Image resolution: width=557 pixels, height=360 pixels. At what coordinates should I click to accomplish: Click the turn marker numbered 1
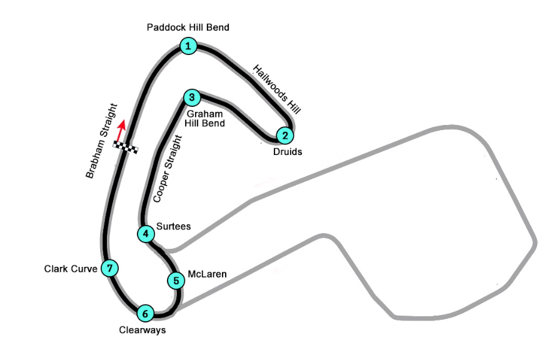click(188, 46)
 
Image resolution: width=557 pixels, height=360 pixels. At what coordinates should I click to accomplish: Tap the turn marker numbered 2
click(285, 135)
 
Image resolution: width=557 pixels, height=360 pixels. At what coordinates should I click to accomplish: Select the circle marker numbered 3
click(192, 97)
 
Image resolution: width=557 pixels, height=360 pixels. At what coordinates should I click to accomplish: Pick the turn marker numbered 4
click(146, 234)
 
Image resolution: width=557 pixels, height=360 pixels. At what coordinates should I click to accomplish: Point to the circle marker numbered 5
click(176, 281)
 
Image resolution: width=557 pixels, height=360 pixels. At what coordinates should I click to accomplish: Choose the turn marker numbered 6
click(145, 314)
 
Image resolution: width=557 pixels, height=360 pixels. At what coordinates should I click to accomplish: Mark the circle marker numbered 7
click(110, 268)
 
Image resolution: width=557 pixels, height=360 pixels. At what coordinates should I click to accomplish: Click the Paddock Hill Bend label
click(188, 27)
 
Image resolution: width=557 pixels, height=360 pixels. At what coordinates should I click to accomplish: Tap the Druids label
click(288, 152)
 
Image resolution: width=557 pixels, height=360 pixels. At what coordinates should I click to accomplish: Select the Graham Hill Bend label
click(204, 119)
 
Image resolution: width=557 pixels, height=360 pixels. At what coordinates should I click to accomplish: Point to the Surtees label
click(173, 226)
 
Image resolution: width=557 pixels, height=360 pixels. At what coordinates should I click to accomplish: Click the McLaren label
click(207, 274)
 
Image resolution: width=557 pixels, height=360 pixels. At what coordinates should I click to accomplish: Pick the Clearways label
click(143, 330)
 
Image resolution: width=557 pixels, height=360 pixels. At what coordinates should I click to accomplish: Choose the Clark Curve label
click(71, 269)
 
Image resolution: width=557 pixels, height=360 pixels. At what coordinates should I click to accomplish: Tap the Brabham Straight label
click(101, 141)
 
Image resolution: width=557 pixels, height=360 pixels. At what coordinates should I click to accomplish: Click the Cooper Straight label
click(168, 169)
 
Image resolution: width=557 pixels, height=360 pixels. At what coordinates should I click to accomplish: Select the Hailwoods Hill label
click(277, 89)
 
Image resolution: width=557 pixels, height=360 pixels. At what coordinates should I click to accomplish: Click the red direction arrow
click(121, 131)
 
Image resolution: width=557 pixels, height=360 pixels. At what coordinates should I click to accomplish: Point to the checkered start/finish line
click(126, 147)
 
